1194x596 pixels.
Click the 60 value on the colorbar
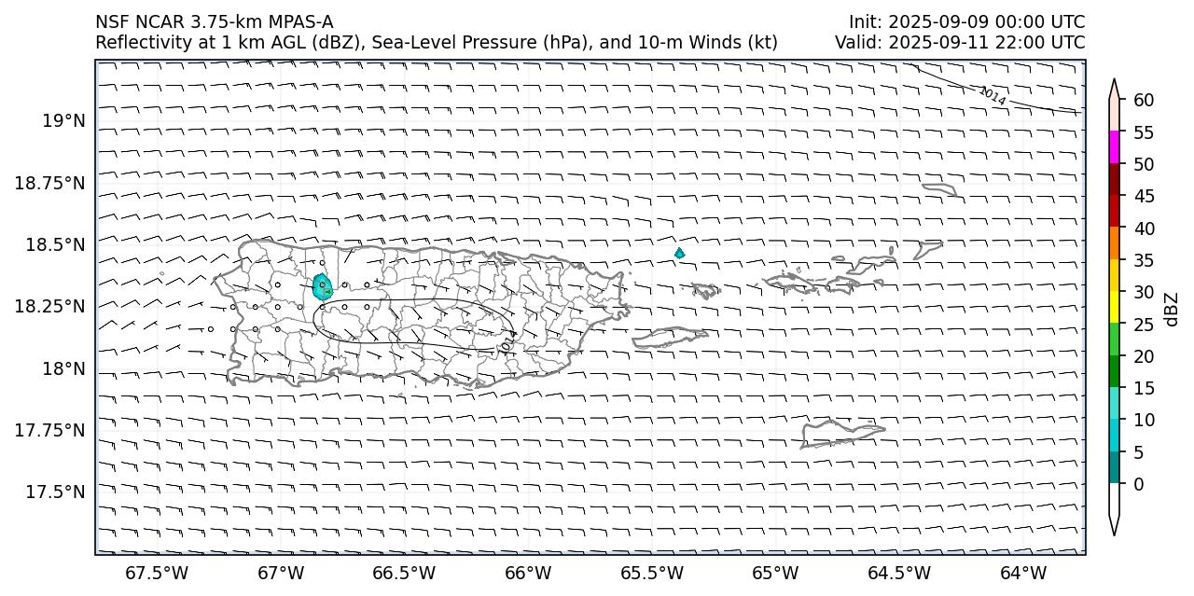1145,101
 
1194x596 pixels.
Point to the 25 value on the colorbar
1145,325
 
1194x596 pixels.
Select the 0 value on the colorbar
1139,484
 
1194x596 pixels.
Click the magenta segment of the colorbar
1114,147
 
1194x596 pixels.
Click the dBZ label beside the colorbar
1172,309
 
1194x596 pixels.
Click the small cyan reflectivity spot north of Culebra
679,253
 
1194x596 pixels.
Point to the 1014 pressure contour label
993,95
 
